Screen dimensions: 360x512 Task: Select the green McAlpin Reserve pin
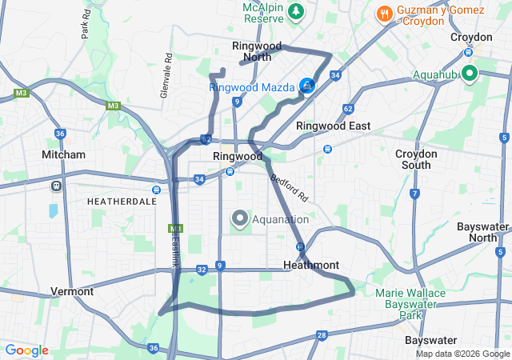tap(297, 12)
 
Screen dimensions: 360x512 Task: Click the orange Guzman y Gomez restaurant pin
tap(384, 14)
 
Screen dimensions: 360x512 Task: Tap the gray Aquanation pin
tap(239, 218)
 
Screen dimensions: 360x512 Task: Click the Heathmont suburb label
tap(311, 265)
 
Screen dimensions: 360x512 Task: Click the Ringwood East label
tap(333, 126)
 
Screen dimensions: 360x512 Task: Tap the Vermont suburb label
tap(72, 291)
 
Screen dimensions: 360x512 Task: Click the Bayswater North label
tap(482, 232)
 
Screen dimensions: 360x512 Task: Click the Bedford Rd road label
tap(289, 188)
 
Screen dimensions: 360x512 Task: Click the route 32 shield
tap(202, 270)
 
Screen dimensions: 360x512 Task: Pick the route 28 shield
tap(322, 335)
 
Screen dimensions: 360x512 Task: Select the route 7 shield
tap(414, 194)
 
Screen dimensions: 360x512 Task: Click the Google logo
tap(26, 350)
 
